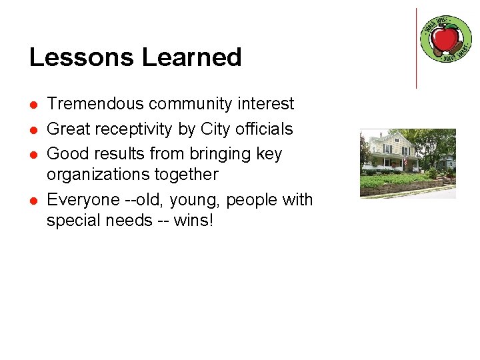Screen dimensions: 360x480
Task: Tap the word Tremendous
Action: (x=95, y=104)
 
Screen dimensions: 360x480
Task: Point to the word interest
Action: (x=265, y=104)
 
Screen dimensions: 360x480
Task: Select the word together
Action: (x=185, y=175)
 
